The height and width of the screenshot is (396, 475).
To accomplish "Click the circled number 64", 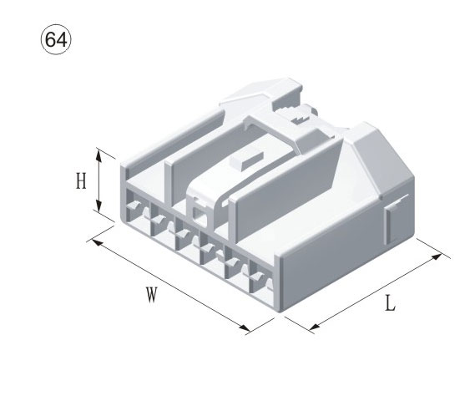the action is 56,40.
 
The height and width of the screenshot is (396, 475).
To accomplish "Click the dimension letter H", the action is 81,180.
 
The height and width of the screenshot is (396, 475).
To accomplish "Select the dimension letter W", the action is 152,295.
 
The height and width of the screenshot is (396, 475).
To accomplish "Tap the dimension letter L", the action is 391,303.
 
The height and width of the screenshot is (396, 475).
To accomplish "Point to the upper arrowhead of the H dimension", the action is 99,155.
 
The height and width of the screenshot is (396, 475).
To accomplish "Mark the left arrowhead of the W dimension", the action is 96,242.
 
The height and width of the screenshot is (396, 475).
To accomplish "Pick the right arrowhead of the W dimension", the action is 245,327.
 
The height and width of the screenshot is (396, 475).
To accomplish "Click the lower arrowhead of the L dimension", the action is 315,327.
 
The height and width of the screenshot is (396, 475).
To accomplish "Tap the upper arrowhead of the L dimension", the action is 437,256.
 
